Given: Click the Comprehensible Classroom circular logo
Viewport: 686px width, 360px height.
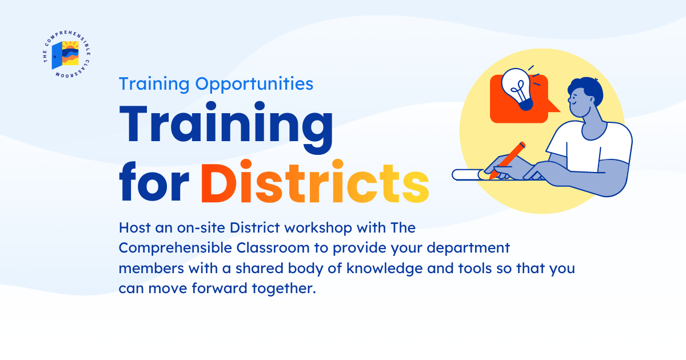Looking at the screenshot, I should pyautogui.click(x=69, y=55).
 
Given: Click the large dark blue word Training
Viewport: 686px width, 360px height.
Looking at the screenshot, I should pyautogui.click(x=226, y=127).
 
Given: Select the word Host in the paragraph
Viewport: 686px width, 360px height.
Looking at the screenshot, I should pyautogui.click(x=133, y=228).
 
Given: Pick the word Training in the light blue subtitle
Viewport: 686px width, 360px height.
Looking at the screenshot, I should pyautogui.click(x=154, y=84).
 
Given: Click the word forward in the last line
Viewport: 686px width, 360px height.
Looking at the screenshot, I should pyautogui.click(x=213, y=289).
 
